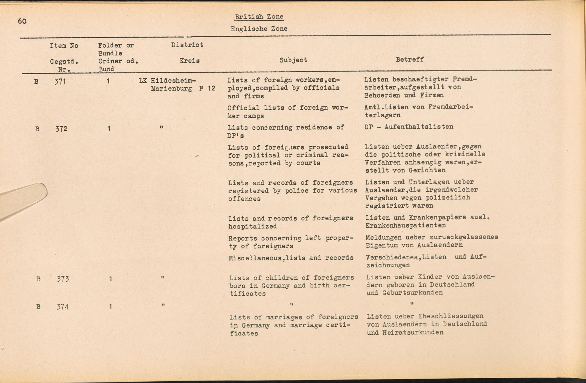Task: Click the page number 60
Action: [x=22, y=21]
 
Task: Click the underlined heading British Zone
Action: [x=259, y=17]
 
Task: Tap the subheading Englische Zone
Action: [x=259, y=29]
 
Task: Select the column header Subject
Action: [x=293, y=60]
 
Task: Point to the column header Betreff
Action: [x=410, y=60]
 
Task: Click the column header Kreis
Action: [x=190, y=61]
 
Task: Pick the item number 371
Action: [x=60, y=82]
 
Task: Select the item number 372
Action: [x=62, y=129]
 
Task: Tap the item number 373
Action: [x=63, y=279]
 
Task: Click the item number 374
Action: [x=63, y=307]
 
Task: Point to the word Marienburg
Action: [x=172, y=89]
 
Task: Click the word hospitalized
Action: [x=253, y=226]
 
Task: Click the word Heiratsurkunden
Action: [x=413, y=333]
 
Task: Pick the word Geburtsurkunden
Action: [x=413, y=293]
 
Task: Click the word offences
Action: [x=244, y=199]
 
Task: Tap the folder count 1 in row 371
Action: [x=108, y=81]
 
